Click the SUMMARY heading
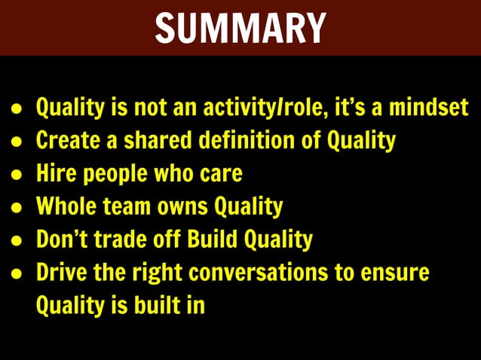click(240, 29)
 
